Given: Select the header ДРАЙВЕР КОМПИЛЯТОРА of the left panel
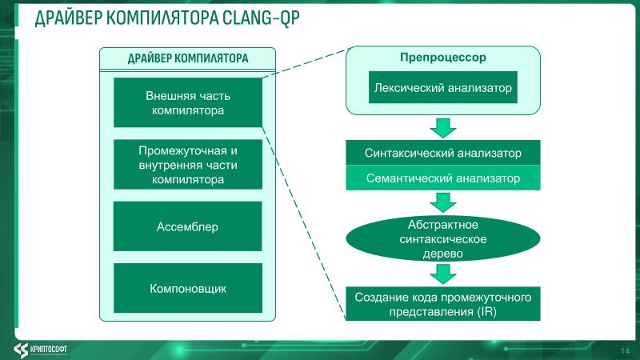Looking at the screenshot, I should [188, 58].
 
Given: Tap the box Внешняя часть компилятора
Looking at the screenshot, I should [187, 102].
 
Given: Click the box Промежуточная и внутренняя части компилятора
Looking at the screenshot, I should [187, 165].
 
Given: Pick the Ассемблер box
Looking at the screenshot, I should [187, 226].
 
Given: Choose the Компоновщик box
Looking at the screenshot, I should [187, 288].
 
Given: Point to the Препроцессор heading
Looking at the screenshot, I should [442, 58].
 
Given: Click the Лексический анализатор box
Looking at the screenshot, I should [442, 87].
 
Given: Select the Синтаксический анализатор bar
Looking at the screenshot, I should [442, 153].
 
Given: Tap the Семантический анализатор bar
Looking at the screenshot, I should [442, 178].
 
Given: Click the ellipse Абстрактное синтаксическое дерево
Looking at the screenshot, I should [442, 238].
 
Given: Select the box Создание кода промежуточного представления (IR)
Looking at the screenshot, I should [442, 304].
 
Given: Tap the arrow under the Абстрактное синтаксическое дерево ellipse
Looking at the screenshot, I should [442, 274].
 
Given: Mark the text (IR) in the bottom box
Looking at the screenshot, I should [486, 312].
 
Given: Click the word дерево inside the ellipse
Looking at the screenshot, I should [442, 253].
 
